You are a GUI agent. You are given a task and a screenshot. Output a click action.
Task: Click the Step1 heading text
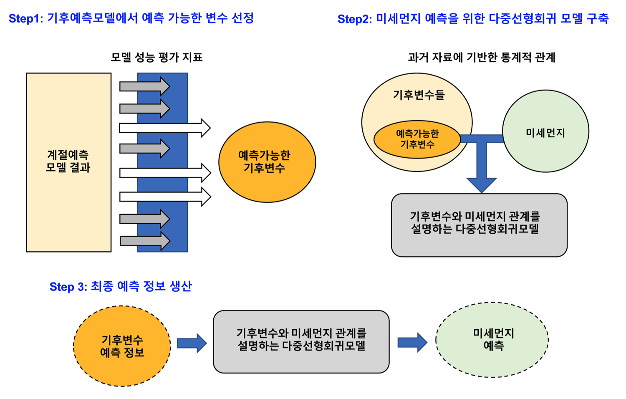click(x=131, y=18)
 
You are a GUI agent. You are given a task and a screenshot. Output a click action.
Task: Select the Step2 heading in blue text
click(x=473, y=19)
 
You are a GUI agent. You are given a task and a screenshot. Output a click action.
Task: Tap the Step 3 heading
click(x=120, y=286)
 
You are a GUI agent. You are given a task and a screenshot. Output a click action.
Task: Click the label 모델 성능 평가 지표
click(x=156, y=57)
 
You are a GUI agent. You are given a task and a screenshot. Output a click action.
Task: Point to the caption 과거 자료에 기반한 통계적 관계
click(x=482, y=57)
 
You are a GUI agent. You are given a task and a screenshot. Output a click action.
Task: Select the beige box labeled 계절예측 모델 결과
click(x=68, y=162)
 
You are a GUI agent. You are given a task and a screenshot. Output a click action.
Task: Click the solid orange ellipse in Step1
click(x=267, y=162)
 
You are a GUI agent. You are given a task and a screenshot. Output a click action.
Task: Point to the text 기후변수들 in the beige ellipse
click(x=419, y=95)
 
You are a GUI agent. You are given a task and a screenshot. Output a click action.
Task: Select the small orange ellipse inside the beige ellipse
click(x=417, y=139)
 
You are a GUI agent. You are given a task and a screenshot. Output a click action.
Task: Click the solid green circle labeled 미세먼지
click(x=545, y=131)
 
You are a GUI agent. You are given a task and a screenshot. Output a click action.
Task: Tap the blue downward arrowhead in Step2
click(x=482, y=184)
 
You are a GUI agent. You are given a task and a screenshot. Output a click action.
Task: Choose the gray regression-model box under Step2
click(x=479, y=225)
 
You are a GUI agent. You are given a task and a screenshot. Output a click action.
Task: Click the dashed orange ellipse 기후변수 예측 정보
click(x=122, y=346)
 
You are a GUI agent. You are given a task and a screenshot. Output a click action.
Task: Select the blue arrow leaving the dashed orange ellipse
click(x=192, y=343)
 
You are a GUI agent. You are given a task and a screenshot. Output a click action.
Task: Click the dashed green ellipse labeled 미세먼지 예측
click(x=492, y=340)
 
